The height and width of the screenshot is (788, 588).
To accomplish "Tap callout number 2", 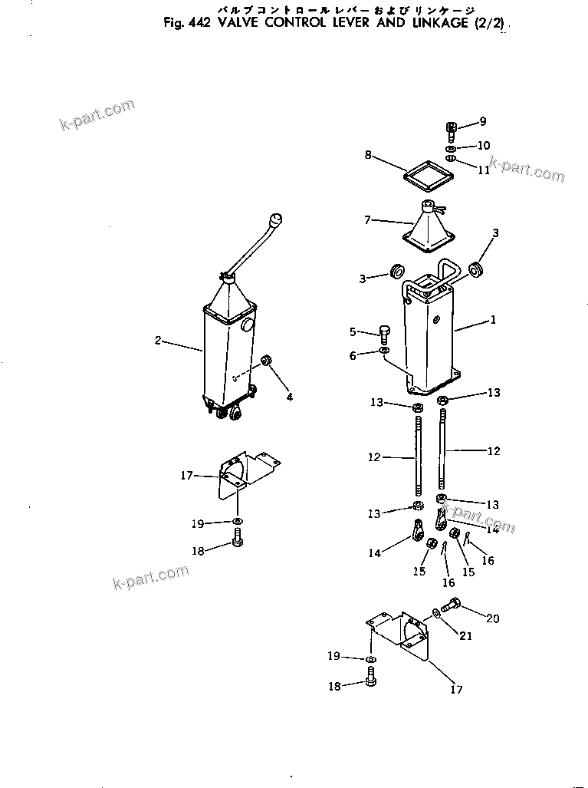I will tap(158, 341).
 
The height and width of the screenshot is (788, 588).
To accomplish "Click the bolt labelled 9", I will tap(451, 131).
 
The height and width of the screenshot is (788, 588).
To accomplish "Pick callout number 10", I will tap(484, 146).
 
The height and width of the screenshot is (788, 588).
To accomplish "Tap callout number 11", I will tap(484, 170).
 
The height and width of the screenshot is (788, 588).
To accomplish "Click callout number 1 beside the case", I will tap(493, 320).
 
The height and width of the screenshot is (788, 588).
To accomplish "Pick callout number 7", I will tap(368, 220).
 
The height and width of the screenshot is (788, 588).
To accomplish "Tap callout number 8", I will tap(368, 155).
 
